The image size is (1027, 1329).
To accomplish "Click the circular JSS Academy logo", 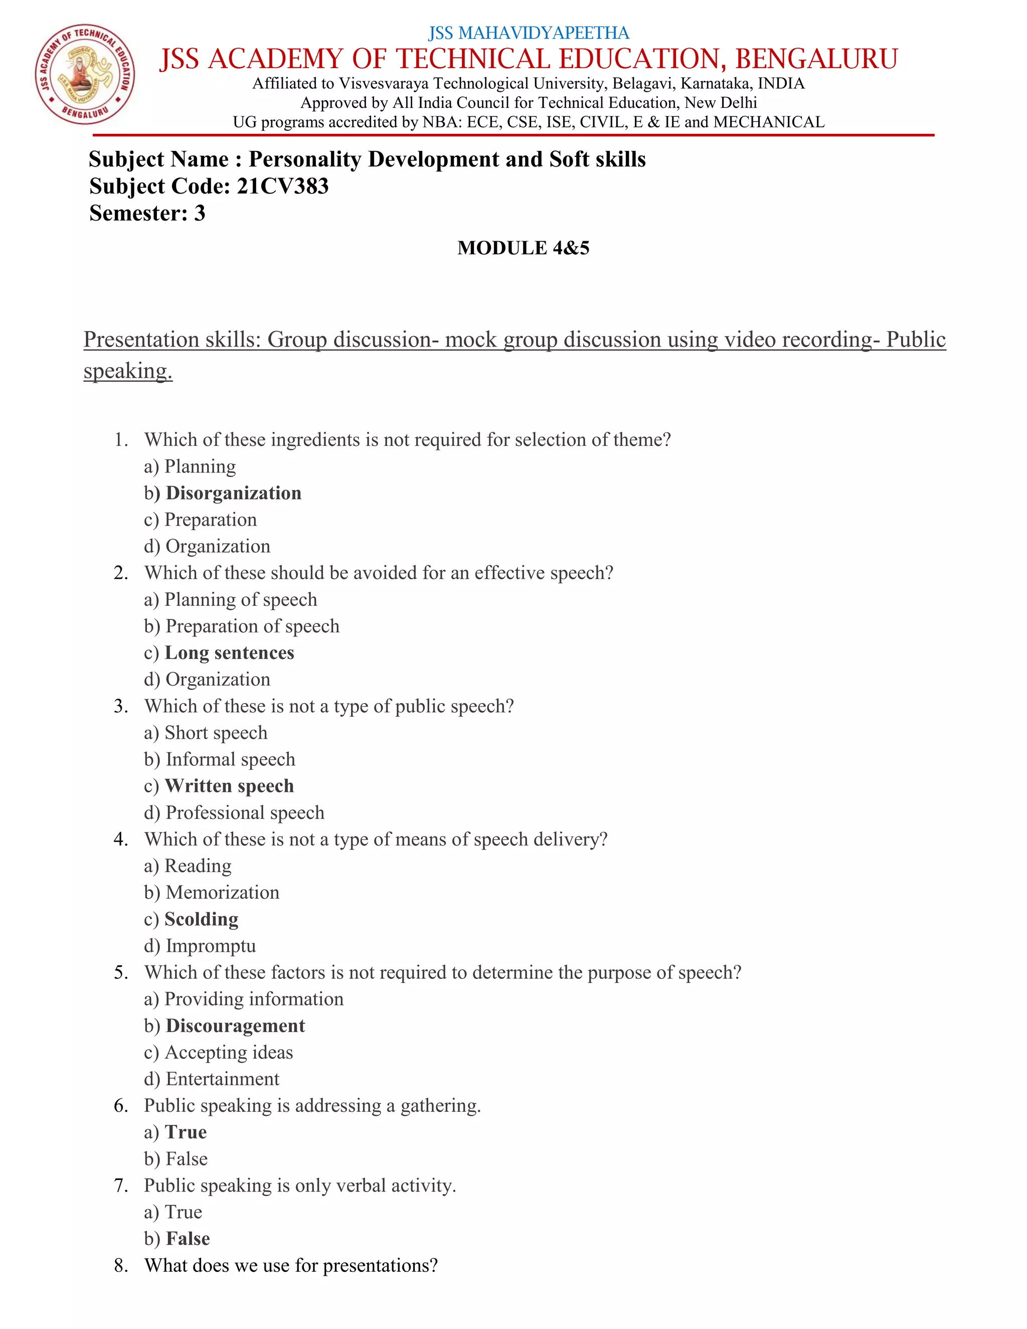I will tap(85, 75).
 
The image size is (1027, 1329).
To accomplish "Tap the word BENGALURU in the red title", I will tap(816, 59).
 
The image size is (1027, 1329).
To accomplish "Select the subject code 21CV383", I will tap(283, 186).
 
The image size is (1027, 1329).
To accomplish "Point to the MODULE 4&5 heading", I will tap(523, 248).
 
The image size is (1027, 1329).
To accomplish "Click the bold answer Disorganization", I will tap(233, 493).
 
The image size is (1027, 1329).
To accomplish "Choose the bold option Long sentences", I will tap(229, 652).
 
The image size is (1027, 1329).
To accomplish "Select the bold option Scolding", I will tap(202, 919).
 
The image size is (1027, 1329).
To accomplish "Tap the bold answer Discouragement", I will tap(236, 1026).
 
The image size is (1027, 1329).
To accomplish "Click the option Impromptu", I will tap(211, 946).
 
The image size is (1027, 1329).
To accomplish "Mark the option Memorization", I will tap(222, 892).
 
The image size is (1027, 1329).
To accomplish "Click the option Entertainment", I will tap(222, 1079).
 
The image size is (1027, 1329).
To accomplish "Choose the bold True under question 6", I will tap(186, 1132).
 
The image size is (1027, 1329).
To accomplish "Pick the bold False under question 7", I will tap(188, 1238).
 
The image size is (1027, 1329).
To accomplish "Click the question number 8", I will tap(120, 1265).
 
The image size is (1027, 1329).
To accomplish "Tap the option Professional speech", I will tap(245, 812).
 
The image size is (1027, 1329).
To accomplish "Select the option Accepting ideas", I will tap(229, 1052).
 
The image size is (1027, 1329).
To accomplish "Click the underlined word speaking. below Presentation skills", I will tap(128, 371).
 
